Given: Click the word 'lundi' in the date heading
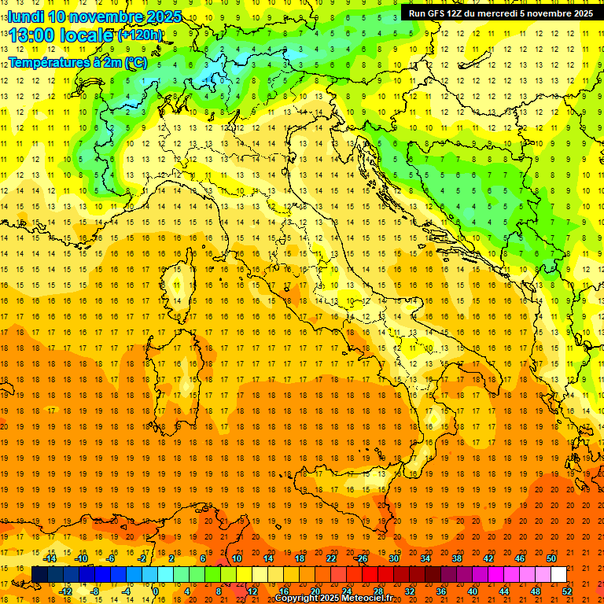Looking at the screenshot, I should (24, 17).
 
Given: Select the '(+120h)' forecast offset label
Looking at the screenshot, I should (140, 35).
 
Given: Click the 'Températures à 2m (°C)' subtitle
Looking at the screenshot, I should (77, 61).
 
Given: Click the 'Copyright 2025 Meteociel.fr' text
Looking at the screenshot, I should (333, 598).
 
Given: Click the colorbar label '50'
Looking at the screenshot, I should (551, 558).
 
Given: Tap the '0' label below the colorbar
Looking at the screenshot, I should (156, 591).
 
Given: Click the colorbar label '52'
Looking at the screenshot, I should (567, 591).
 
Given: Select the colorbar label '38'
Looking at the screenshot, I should (457, 558).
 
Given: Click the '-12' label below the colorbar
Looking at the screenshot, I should (65, 591).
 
